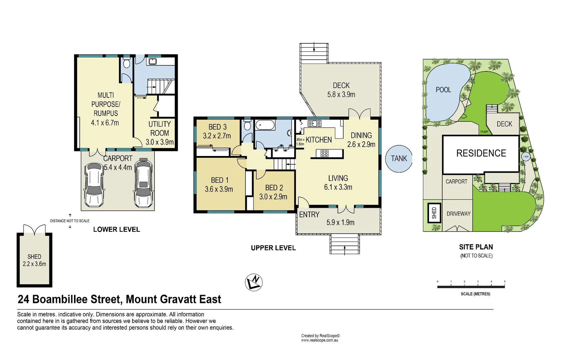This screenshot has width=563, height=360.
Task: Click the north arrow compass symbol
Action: click(254, 282)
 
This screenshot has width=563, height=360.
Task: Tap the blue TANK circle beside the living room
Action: click(399, 159)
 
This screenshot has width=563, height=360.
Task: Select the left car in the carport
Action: click(93, 185)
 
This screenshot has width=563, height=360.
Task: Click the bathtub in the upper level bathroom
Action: click(265, 126)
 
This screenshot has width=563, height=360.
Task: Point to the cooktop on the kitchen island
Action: click(325, 153)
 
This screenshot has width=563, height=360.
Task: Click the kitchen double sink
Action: click(314, 124)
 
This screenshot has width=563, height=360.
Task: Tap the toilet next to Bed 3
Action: click(247, 126)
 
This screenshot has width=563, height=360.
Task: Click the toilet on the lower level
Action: click(126, 63)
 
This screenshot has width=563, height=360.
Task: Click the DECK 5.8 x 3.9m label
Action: click(341, 90)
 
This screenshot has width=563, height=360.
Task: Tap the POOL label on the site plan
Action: click(443, 90)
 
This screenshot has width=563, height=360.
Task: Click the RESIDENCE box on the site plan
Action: click(481, 153)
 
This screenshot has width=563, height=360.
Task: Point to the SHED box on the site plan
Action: click(434, 213)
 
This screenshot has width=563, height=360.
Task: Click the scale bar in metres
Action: click(471, 287)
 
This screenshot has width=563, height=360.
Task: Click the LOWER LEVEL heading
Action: click(116, 229)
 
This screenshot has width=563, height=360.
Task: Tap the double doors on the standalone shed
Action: click(34, 230)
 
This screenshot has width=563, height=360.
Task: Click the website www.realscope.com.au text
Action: click(320, 340)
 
